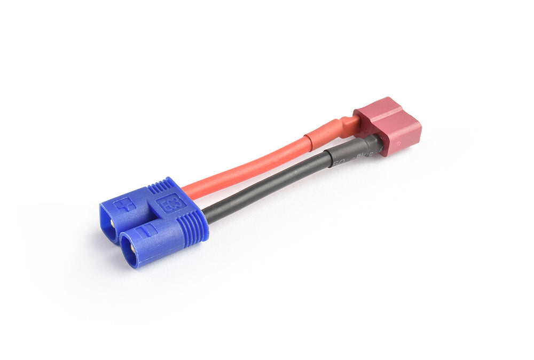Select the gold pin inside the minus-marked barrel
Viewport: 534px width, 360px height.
(x=128, y=249)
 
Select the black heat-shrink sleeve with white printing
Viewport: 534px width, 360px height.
(x=350, y=152)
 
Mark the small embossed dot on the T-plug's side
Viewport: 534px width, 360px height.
(x=398, y=143)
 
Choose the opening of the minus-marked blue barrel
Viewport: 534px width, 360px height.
(x=129, y=249)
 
